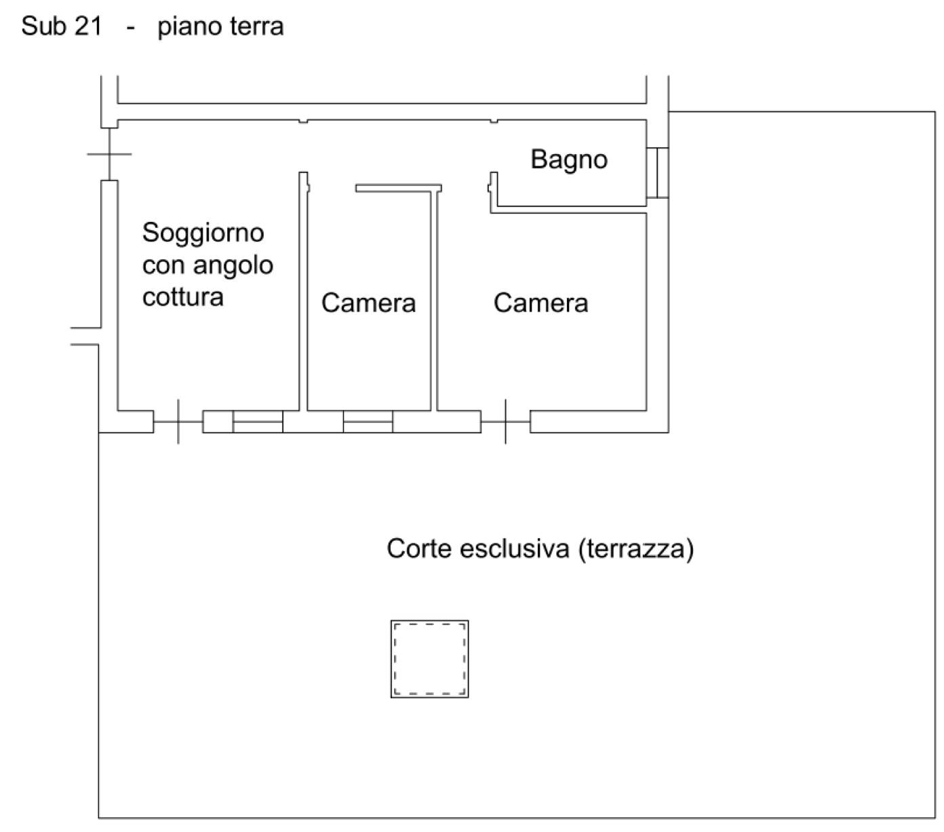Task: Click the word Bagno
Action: (x=568, y=160)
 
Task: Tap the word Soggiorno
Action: (x=203, y=233)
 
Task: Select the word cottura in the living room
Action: (x=182, y=297)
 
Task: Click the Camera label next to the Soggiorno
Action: (x=368, y=303)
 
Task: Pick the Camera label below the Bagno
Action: (x=540, y=303)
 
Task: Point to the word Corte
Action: (x=419, y=548)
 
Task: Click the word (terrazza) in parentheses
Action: (x=636, y=548)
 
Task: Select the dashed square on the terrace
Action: (x=429, y=659)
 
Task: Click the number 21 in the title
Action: (x=89, y=26)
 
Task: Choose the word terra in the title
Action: (x=254, y=26)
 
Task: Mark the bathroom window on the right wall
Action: (x=657, y=172)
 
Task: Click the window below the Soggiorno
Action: (x=258, y=421)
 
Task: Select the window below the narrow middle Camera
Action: (x=368, y=421)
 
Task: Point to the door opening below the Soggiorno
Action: (x=178, y=421)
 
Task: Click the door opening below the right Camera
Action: (x=505, y=421)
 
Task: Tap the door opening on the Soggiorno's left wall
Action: (x=109, y=154)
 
